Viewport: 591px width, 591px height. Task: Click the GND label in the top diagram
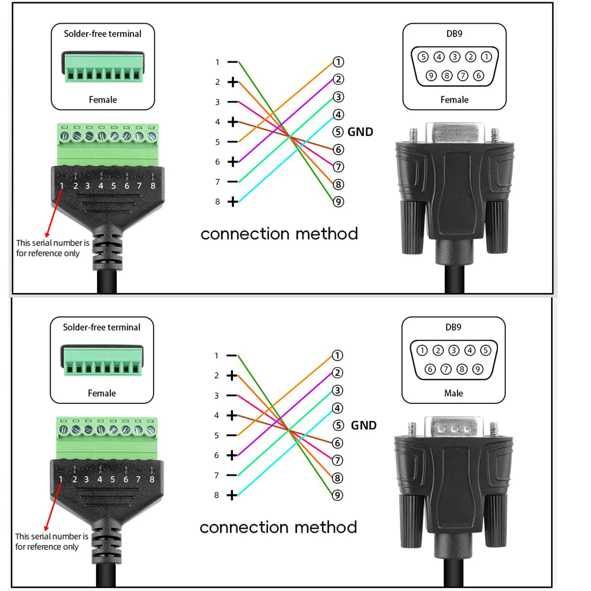pos(360,132)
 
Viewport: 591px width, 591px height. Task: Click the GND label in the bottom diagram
pos(363,426)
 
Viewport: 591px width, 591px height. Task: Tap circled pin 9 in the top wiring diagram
pos(338,202)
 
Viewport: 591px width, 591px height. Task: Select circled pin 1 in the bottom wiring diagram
pos(337,355)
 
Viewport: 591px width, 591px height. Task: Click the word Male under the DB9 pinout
pos(453,393)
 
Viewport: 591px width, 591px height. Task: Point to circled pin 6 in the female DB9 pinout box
pos(478,76)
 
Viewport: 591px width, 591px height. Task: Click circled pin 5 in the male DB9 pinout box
pos(485,350)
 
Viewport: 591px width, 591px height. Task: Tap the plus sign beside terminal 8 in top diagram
pos(233,202)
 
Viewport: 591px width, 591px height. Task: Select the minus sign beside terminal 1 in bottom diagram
pos(232,355)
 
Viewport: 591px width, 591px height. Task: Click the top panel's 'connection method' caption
pos(279,234)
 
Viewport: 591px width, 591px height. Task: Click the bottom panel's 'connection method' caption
pos(278,528)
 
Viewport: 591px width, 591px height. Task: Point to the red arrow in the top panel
pos(54,213)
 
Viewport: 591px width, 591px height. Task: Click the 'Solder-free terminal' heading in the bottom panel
pos(102,327)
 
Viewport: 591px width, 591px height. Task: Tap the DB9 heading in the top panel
pos(454,34)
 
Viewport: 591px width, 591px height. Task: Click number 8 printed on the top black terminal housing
pos(153,186)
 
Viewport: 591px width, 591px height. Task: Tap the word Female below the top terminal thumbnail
pos(103,100)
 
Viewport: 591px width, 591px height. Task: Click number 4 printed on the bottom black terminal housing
pos(100,479)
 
